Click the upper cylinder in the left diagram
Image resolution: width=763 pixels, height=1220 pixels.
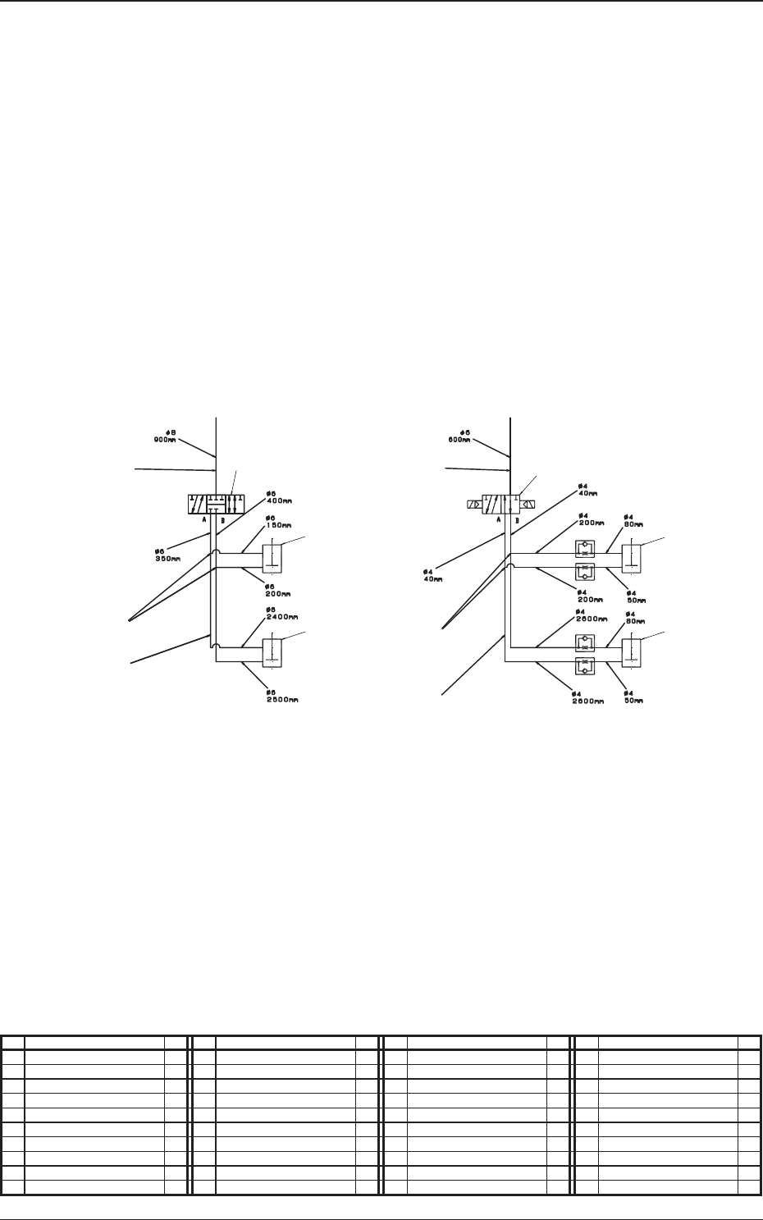pyautogui.click(x=272, y=559)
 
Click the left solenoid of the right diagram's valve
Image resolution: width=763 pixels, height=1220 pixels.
pyautogui.click(x=474, y=505)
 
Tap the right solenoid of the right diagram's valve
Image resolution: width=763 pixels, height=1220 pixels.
pyautogui.click(x=529, y=505)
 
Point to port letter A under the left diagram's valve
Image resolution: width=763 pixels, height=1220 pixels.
pyautogui.click(x=201, y=520)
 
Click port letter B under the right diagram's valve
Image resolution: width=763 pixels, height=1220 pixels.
pyautogui.click(x=517, y=520)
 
